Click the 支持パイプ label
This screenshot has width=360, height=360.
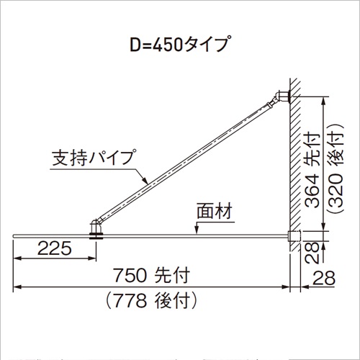[x=93, y=158]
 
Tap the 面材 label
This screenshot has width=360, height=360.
[x=214, y=211]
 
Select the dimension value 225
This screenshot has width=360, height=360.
[x=55, y=248]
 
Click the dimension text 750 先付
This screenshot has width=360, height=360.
[x=151, y=275]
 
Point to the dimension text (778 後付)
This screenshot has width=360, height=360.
[x=151, y=300]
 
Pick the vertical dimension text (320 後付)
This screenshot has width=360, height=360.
[x=336, y=168]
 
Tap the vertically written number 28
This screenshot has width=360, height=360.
[x=312, y=253]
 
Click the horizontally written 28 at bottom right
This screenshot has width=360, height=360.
[x=324, y=278]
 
